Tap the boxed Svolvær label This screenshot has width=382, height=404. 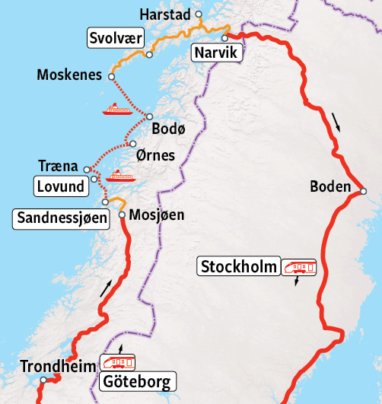(116, 40)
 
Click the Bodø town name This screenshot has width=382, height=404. (168, 129)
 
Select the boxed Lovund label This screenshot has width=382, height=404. (59, 185)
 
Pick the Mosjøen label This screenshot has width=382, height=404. (158, 215)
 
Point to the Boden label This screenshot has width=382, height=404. (330, 186)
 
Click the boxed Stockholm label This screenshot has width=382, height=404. (238, 267)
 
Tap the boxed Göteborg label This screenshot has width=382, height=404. (138, 381)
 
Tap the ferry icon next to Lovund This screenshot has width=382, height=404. (119, 176)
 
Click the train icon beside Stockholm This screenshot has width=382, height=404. (298, 267)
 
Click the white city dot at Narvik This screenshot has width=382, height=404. (224, 37)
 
